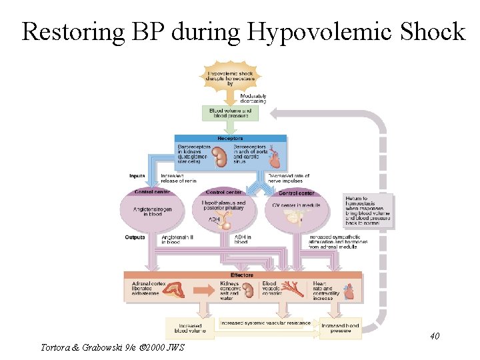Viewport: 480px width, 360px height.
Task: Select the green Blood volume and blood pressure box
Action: click(229, 113)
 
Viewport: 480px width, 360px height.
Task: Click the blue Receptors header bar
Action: click(231, 139)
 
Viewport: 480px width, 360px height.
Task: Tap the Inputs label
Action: click(137, 176)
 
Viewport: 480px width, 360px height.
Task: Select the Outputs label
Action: click(135, 237)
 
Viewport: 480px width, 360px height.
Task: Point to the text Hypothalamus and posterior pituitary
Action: click(223, 206)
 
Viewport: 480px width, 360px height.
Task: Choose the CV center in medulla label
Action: click(297, 205)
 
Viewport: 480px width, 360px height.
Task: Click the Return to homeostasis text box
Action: click(368, 211)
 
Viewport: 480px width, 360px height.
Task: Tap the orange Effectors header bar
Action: click(242, 275)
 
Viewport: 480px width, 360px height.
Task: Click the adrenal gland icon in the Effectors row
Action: click(178, 291)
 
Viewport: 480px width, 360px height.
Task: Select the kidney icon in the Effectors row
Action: click(248, 291)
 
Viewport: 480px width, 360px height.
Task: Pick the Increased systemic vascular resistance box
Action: click(265, 323)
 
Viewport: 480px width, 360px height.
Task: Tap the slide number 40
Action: click(434, 336)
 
